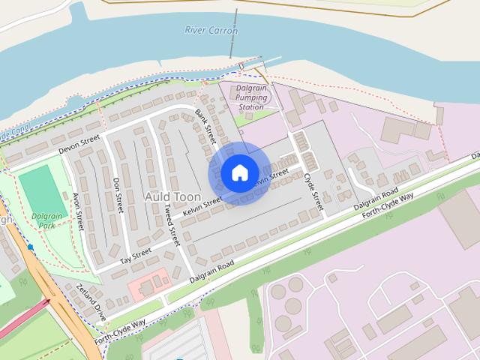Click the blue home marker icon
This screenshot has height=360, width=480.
[x=239, y=173]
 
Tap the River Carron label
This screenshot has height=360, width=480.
[x=211, y=31]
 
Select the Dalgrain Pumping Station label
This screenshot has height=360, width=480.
[x=251, y=97]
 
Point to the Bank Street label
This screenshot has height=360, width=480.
[x=205, y=126]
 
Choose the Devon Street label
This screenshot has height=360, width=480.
[x=79, y=143]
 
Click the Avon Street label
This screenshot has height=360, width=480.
[x=78, y=211]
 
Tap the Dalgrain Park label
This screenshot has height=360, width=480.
[x=46, y=220]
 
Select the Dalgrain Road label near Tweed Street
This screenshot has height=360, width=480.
[x=212, y=272]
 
